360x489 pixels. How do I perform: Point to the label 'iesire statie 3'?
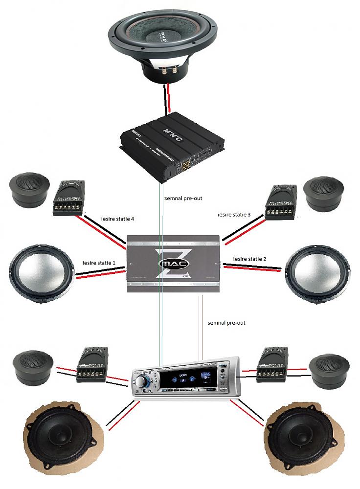pyautogui.click(x=235, y=214)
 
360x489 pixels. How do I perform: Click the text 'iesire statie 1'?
pyautogui.click(x=99, y=263)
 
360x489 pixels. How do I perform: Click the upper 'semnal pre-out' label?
pyautogui.click(x=184, y=199)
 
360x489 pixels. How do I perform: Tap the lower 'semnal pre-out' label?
pyautogui.click(x=226, y=323)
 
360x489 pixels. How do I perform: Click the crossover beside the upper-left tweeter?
pyautogui.click(x=70, y=198)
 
